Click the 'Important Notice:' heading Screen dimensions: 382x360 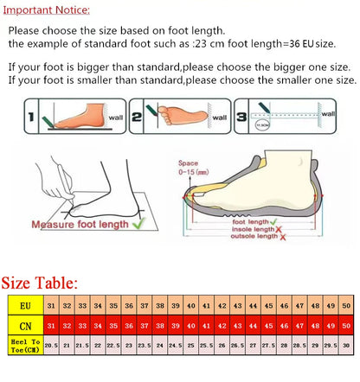[x=47, y=9]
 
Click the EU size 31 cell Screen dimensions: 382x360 [x=51, y=306]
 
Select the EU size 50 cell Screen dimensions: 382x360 [x=346, y=306]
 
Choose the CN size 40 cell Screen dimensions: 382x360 [x=190, y=325]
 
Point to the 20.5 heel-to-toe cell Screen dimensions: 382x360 [x=51, y=344]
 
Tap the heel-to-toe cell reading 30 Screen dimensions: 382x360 [x=346, y=344]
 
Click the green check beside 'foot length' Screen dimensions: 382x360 [x=273, y=221]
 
